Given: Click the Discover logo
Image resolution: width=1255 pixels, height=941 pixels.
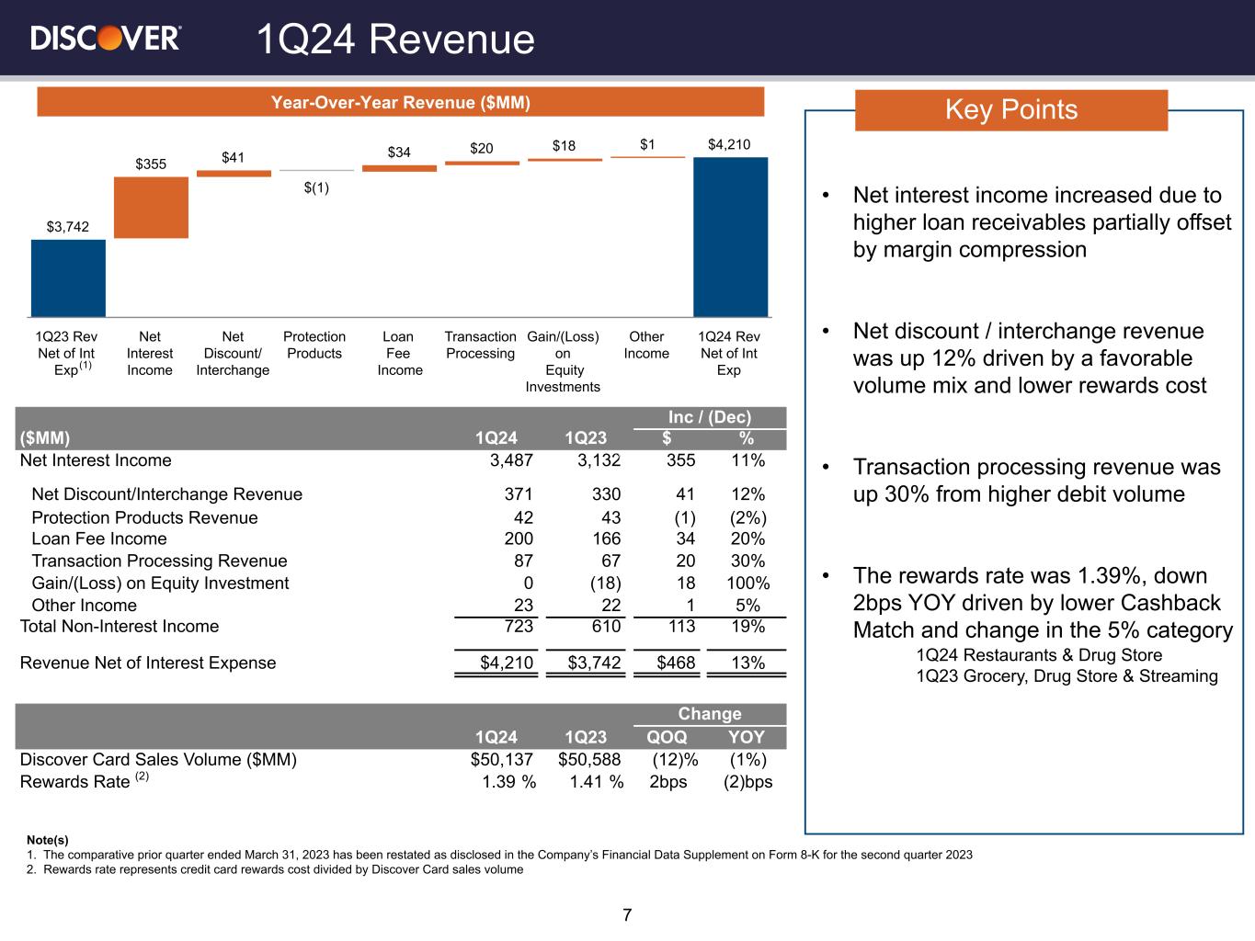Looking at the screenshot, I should tap(106, 38).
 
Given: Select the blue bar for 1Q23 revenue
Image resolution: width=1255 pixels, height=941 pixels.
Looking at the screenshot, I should tap(68, 278).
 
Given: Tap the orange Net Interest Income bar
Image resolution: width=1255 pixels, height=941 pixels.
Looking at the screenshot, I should tap(151, 207).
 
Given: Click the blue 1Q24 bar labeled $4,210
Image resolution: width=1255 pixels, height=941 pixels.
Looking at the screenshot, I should tap(730, 237).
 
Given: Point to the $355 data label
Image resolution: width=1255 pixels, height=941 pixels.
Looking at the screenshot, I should tap(151, 164).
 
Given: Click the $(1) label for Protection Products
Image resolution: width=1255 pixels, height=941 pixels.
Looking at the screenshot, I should tap(316, 187).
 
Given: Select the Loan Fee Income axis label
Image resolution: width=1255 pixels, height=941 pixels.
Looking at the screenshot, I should tap(399, 353).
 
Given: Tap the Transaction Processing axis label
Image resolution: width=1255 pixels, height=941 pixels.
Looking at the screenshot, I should tap(480, 345).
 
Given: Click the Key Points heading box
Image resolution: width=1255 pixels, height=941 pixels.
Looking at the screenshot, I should tap(1010, 110).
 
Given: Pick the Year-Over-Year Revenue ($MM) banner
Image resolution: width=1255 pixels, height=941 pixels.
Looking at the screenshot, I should tap(400, 102).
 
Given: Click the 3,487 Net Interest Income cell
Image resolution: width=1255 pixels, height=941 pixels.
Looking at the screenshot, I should tap(511, 460).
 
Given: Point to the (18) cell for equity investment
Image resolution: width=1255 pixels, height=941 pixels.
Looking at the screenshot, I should tap(604, 584).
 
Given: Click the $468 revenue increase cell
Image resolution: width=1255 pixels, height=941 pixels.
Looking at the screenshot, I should tap(674, 663).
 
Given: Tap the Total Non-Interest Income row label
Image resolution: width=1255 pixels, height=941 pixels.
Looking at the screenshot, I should tap(120, 627).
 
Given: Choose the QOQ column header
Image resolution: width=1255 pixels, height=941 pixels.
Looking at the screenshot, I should tap(667, 737).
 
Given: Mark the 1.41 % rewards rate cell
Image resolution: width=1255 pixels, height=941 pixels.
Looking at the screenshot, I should tap(596, 782).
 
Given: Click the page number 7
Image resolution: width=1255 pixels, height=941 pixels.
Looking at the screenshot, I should tap(627, 915).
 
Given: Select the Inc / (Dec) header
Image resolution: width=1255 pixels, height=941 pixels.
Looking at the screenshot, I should tap(710, 417).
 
